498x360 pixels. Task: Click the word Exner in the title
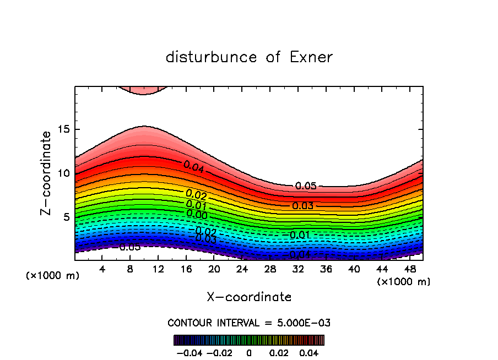[x=311, y=57]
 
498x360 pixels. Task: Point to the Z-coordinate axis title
[x=46, y=173]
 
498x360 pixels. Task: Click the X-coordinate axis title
[x=249, y=297]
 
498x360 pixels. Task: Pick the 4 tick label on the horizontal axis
[x=102, y=269]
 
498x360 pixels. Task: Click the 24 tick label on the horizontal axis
[x=242, y=269]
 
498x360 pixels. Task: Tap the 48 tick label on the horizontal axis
[x=410, y=269]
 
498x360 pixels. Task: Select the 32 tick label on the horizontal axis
[x=298, y=269]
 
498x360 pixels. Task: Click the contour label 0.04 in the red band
[x=194, y=167]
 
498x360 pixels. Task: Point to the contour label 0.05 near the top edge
[x=306, y=186]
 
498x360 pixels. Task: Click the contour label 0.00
[x=197, y=214]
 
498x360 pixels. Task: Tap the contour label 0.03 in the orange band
[x=302, y=206]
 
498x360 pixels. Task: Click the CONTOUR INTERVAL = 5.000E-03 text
[x=249, y=323]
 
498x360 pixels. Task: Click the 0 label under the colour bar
[x=249, y=352]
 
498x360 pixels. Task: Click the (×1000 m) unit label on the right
[x=404, y=282]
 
